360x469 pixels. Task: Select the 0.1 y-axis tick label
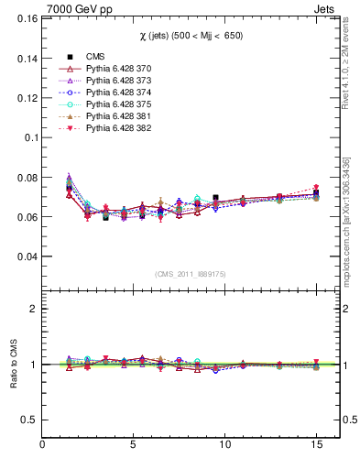[x=28, y=137]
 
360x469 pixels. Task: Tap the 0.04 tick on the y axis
[x=25, y=256]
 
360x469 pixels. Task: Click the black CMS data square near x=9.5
[x=215, y=198]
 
